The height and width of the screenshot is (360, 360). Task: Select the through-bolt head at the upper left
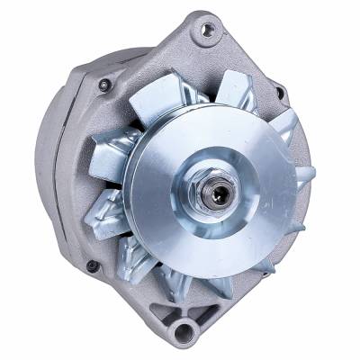click(x=105, y=85)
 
